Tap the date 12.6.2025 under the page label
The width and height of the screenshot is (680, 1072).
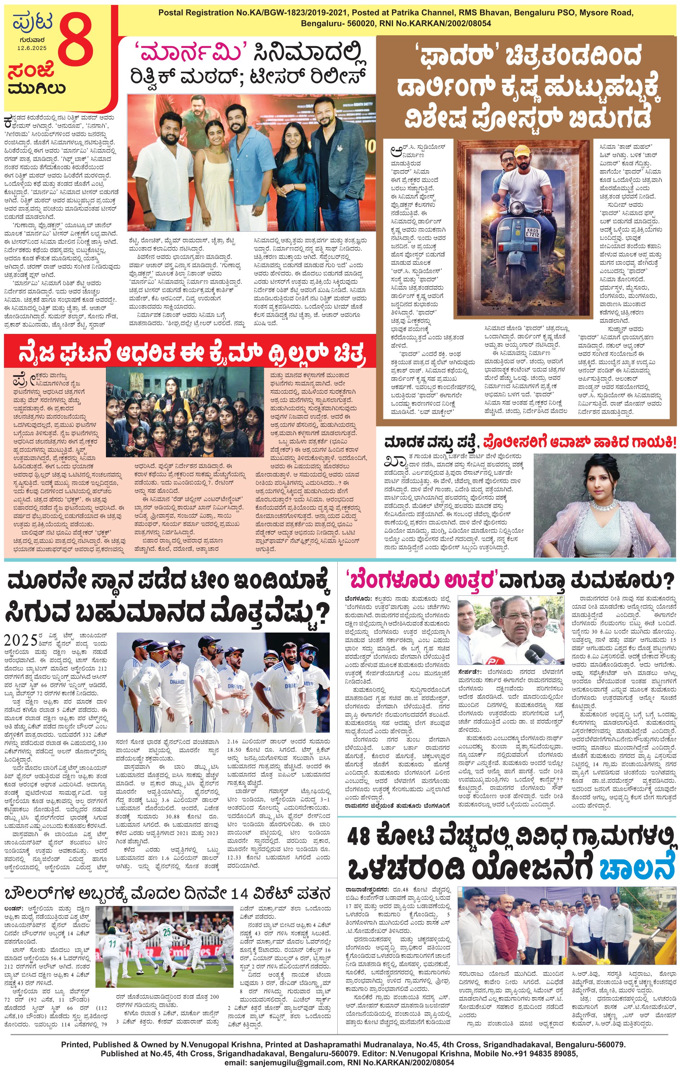[x=32, y=48]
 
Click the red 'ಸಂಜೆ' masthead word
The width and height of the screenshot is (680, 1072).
[x=31, y=70]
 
